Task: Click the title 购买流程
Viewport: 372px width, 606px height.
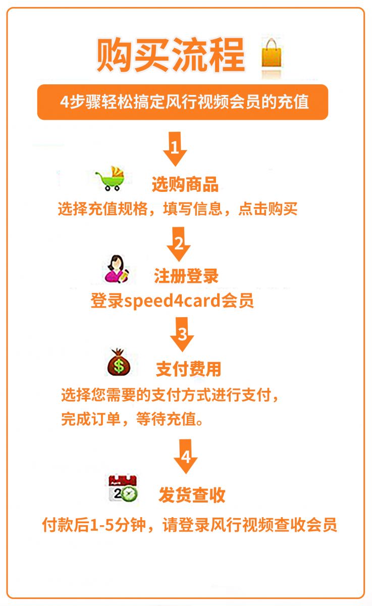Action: [x=171, y=55]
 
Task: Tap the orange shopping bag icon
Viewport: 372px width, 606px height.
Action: [x=271, y=54]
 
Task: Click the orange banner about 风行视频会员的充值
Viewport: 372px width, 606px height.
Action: [x=183, y=102]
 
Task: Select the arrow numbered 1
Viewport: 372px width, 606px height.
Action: [x=175, y=149]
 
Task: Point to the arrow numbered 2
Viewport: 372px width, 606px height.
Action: [x=179, y=244]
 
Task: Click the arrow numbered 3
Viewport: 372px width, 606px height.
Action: [x=182, y=334]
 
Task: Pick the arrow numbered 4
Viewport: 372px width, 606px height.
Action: [x=185, y=456]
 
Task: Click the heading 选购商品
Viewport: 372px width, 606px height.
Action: [x=185, y=184]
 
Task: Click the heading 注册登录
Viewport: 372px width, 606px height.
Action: [x=186, y=276]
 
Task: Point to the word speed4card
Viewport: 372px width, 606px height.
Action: [x=172, y=301]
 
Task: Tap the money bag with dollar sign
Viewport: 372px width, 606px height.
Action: [x=119, y=362]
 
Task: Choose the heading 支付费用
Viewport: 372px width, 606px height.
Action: [x=189, y=369]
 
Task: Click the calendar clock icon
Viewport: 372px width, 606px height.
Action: [x=123, y=488]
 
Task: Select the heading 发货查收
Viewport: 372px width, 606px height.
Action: [x=192, y=495]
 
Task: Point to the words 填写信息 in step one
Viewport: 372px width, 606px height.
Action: [x=193, y=209]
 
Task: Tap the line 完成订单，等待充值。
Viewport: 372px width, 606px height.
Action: [x=132, y=419]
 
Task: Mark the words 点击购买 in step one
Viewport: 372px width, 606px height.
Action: [x=268, y=209]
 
